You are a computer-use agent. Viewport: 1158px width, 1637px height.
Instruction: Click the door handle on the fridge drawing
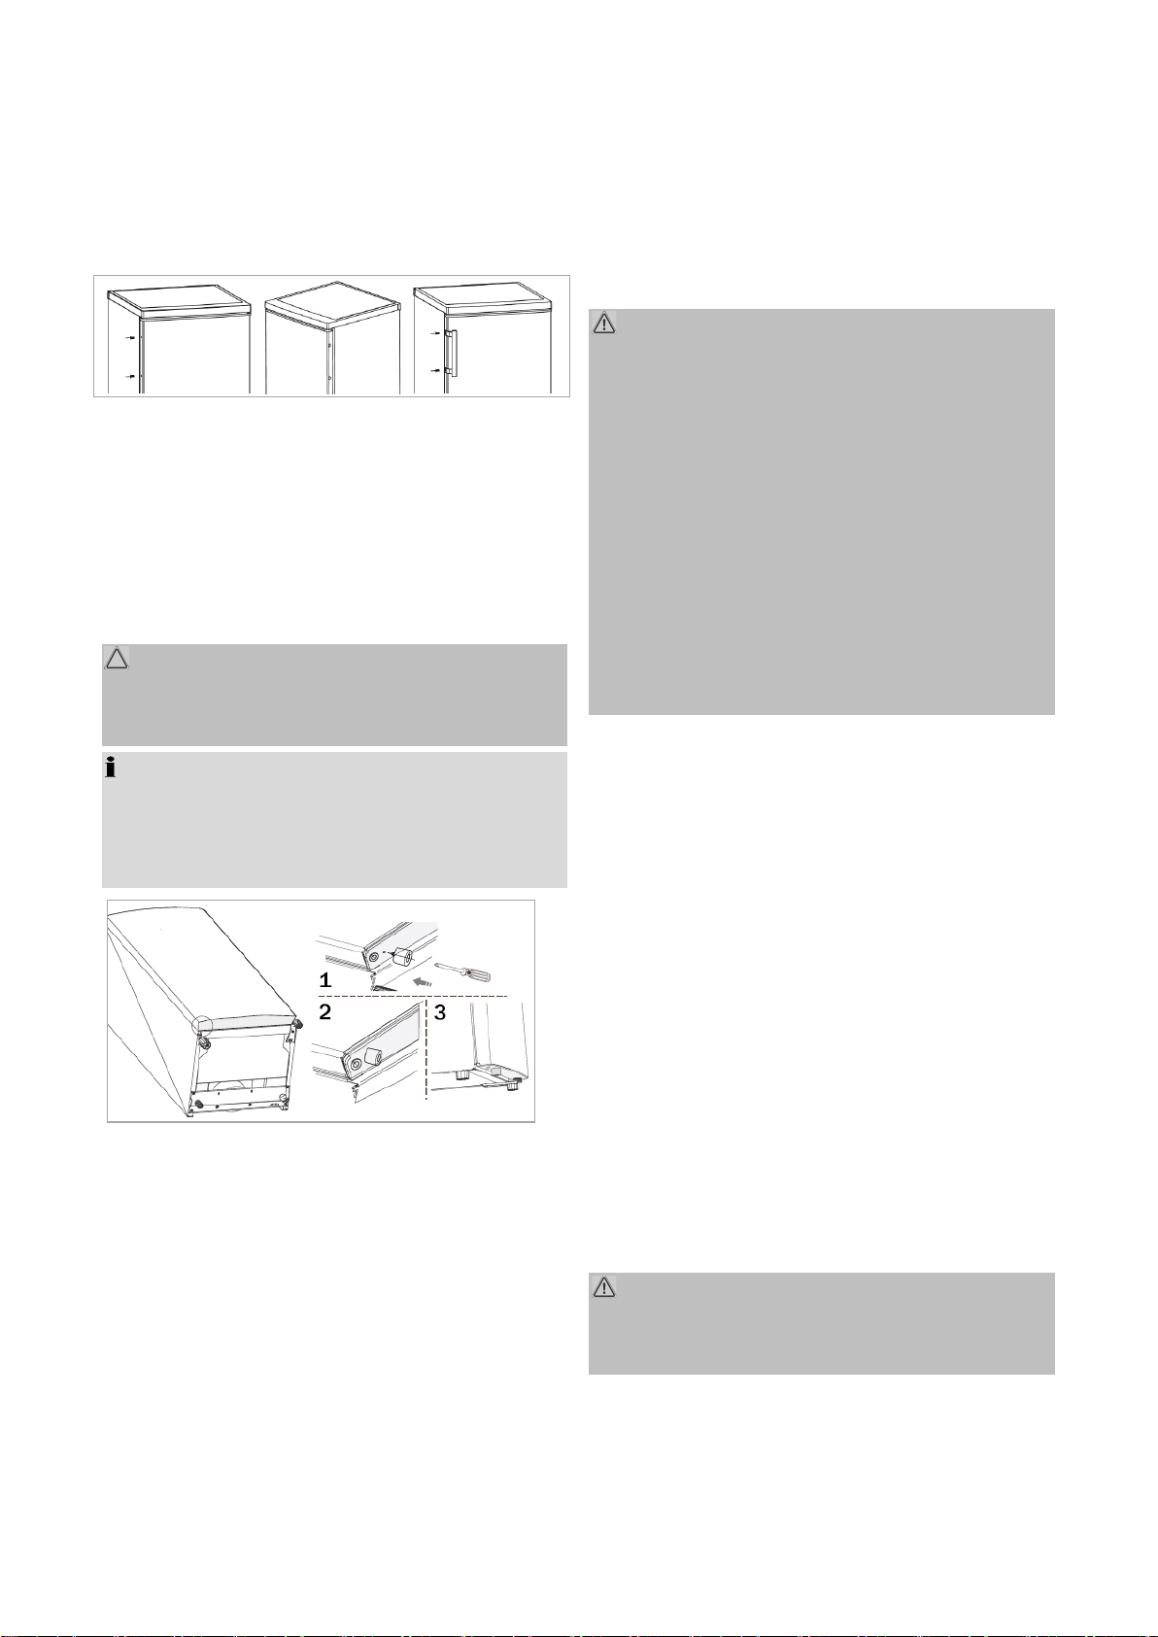(x=453, y=353)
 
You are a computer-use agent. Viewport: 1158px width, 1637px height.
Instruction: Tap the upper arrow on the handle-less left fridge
(x=130, y=338)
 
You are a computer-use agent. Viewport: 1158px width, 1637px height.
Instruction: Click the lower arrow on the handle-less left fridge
(x=130, y=376)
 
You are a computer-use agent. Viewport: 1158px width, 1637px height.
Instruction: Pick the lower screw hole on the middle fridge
(x=330, y=378)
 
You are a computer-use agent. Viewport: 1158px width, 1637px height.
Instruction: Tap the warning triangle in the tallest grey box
(x=604, y=323)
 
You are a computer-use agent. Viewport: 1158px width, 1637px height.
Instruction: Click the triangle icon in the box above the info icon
(x=117, y=659)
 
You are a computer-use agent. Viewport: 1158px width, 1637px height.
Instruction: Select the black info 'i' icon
(x=111, y=768)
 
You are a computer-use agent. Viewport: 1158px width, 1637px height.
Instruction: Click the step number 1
(x=325, y=980)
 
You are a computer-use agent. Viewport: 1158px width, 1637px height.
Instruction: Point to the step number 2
(x=325, y=1012)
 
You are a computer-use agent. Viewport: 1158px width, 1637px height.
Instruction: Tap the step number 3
(x=440, y=1013)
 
